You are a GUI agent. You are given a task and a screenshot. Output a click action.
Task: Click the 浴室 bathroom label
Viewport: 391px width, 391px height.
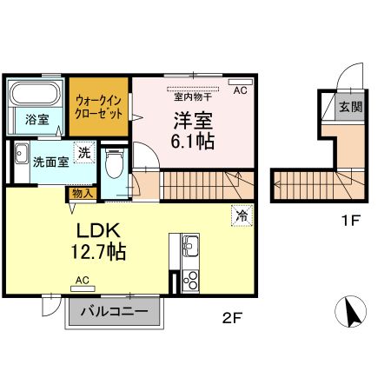36,119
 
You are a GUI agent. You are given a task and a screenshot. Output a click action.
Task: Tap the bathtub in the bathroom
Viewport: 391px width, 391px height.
36,92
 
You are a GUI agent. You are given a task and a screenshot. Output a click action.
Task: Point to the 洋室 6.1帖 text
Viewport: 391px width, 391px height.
190,129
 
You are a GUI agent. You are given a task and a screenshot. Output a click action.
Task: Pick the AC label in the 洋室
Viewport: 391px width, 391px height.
240,89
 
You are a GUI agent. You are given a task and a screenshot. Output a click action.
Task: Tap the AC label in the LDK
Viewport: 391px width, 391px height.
83,280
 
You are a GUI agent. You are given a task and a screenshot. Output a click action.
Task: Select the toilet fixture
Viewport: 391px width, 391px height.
114,162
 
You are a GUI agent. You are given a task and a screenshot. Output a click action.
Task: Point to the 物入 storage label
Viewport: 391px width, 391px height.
81,194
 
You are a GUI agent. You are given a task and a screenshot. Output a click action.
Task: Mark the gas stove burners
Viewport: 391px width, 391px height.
190,280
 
